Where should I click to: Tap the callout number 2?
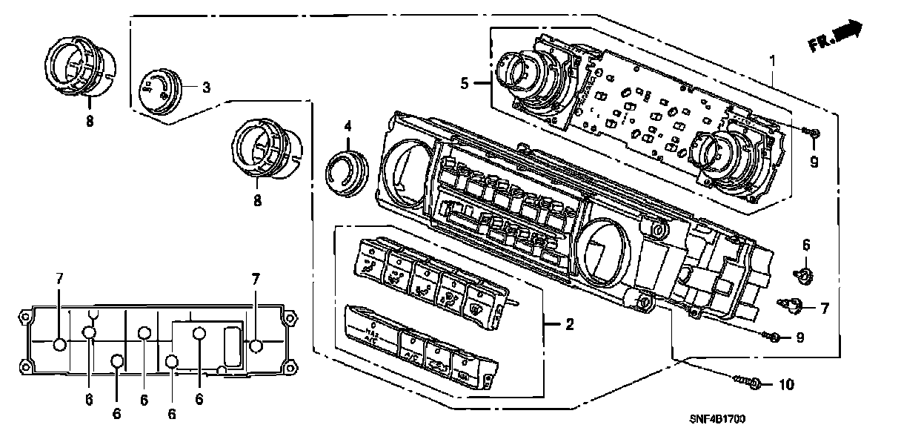point(569,323)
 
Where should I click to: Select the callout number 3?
point(206,88)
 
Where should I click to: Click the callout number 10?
point(786,385)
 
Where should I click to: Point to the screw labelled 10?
point(748,383)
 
